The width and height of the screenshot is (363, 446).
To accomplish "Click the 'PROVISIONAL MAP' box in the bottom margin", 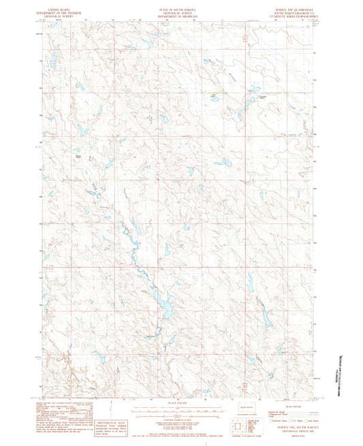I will (112, 422).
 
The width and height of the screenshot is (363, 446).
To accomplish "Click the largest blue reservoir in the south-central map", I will (164, 299).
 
